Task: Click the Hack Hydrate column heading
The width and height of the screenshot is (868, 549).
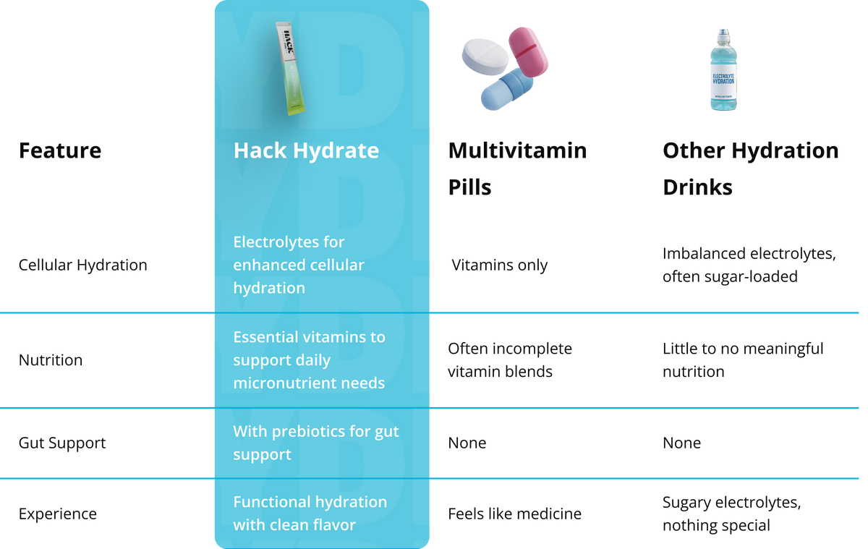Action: pos(306,150)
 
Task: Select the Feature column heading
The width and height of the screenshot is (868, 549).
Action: pos(60,151)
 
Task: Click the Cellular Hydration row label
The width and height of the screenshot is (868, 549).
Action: pos(82,265)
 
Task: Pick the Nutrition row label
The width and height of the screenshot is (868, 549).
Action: pos(51,360)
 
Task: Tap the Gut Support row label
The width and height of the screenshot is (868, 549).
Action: pos(62,443)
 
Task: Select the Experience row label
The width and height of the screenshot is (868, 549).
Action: pos(57,514)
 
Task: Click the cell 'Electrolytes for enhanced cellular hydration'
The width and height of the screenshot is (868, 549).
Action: pos(299,265)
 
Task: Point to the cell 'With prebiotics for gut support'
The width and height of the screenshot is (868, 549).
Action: pos(315,443)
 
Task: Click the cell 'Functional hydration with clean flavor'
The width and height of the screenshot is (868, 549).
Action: pos(310,514)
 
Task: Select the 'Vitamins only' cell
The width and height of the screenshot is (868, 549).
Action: pos(499,265)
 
